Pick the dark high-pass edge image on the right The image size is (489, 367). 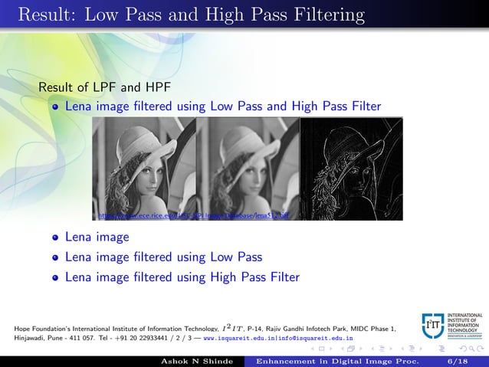coord(351,169)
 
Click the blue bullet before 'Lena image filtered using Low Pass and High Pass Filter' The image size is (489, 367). coord(55,107)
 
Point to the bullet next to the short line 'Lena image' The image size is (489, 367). coord(55,238)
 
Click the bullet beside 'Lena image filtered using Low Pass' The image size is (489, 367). coord(55,257)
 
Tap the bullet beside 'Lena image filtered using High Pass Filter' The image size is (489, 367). coord(55,277)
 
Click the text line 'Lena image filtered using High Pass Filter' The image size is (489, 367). coord(182,277)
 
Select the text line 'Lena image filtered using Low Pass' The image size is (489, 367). coord(163,257)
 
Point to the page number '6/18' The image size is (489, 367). coord(458,360)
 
